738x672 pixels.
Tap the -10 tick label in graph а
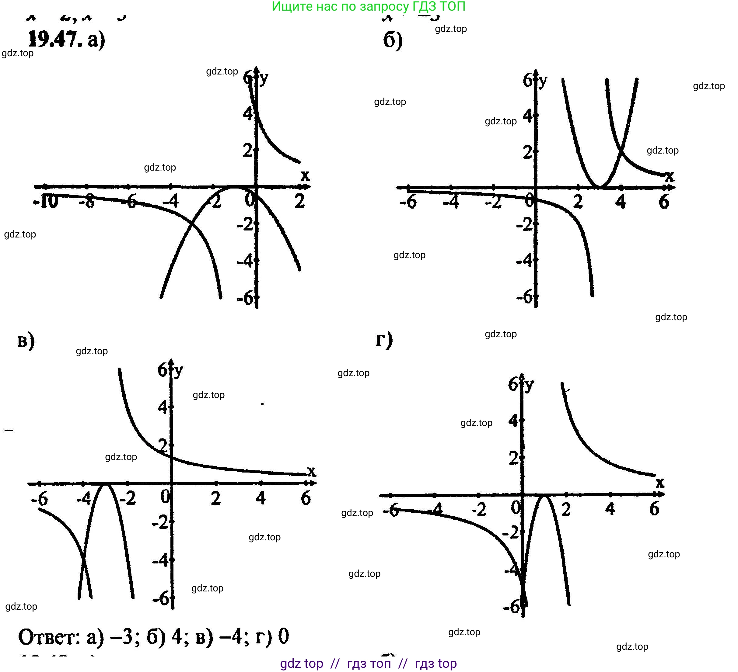(46, 202)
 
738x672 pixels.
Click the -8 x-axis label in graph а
(87, 202)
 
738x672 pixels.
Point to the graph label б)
(392, 40)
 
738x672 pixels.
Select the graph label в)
(26, 341)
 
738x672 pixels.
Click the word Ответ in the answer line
(49, 637)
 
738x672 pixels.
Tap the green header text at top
(368, 7)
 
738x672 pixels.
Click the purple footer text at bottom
(368, 663)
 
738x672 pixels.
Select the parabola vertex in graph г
(544, 496)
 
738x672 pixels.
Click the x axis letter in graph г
(660, 483)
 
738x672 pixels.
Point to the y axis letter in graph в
(178, 372)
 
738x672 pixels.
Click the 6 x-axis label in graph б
(664, 202)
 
